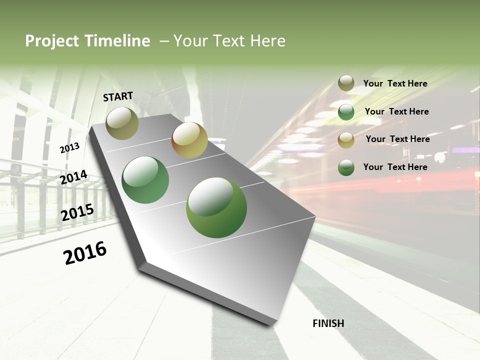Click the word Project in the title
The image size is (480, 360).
click(51, 41)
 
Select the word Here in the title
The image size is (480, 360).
click(267, 41)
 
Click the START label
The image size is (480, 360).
click(118, 96)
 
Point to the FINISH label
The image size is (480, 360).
click(328, 323)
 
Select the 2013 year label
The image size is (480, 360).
click(69, 148)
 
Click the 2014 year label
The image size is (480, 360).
click(73, 177)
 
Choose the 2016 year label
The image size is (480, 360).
click(85, 253)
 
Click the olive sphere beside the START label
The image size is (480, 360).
click(122, 123)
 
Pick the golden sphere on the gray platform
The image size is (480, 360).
click(189, 140)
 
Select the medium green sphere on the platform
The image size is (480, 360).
click(145, 180)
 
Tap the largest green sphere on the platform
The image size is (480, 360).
click(216, 207)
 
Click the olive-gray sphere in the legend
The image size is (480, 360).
click(346, 83)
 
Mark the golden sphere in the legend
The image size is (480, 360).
click(346, 139)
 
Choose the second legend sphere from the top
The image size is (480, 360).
click(346, 112)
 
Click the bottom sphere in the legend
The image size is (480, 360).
click(346, 167)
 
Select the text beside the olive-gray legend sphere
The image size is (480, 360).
click(395, 83)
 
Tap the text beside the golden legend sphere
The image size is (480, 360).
click(397, 139)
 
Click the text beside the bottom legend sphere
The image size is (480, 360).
click(395, 167)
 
